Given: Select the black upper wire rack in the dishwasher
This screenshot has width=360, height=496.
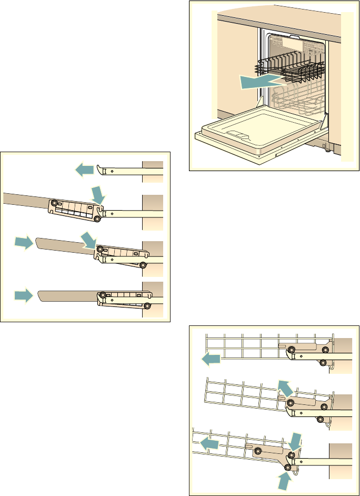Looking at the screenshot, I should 292,67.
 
